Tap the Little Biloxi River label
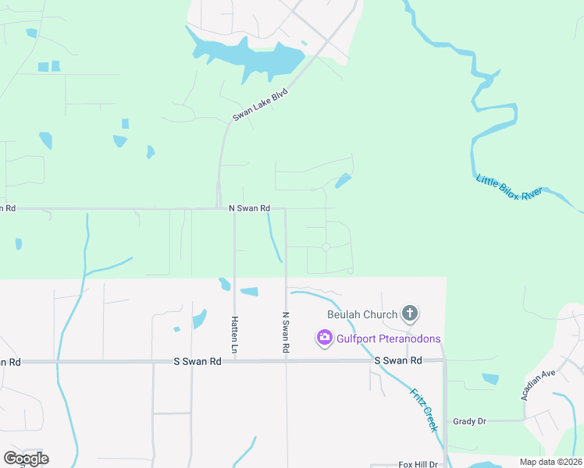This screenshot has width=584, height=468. tap(509, 188)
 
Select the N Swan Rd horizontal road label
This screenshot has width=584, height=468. tap(249, 208)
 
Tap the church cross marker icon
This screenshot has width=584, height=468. tap(409, 314)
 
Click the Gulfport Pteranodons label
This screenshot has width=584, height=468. tap(389, 339)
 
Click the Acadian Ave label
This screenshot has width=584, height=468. tap(539, 384)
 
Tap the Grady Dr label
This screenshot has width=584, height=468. tap(469, 421)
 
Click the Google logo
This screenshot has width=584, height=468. tap(26, 458)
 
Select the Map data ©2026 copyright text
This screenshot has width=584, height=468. tap(550, 462)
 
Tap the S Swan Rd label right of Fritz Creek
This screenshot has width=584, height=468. tap(397, 360)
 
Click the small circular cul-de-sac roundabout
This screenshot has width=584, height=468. tap(326, 247)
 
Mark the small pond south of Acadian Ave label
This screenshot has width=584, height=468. tap(490, 379)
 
